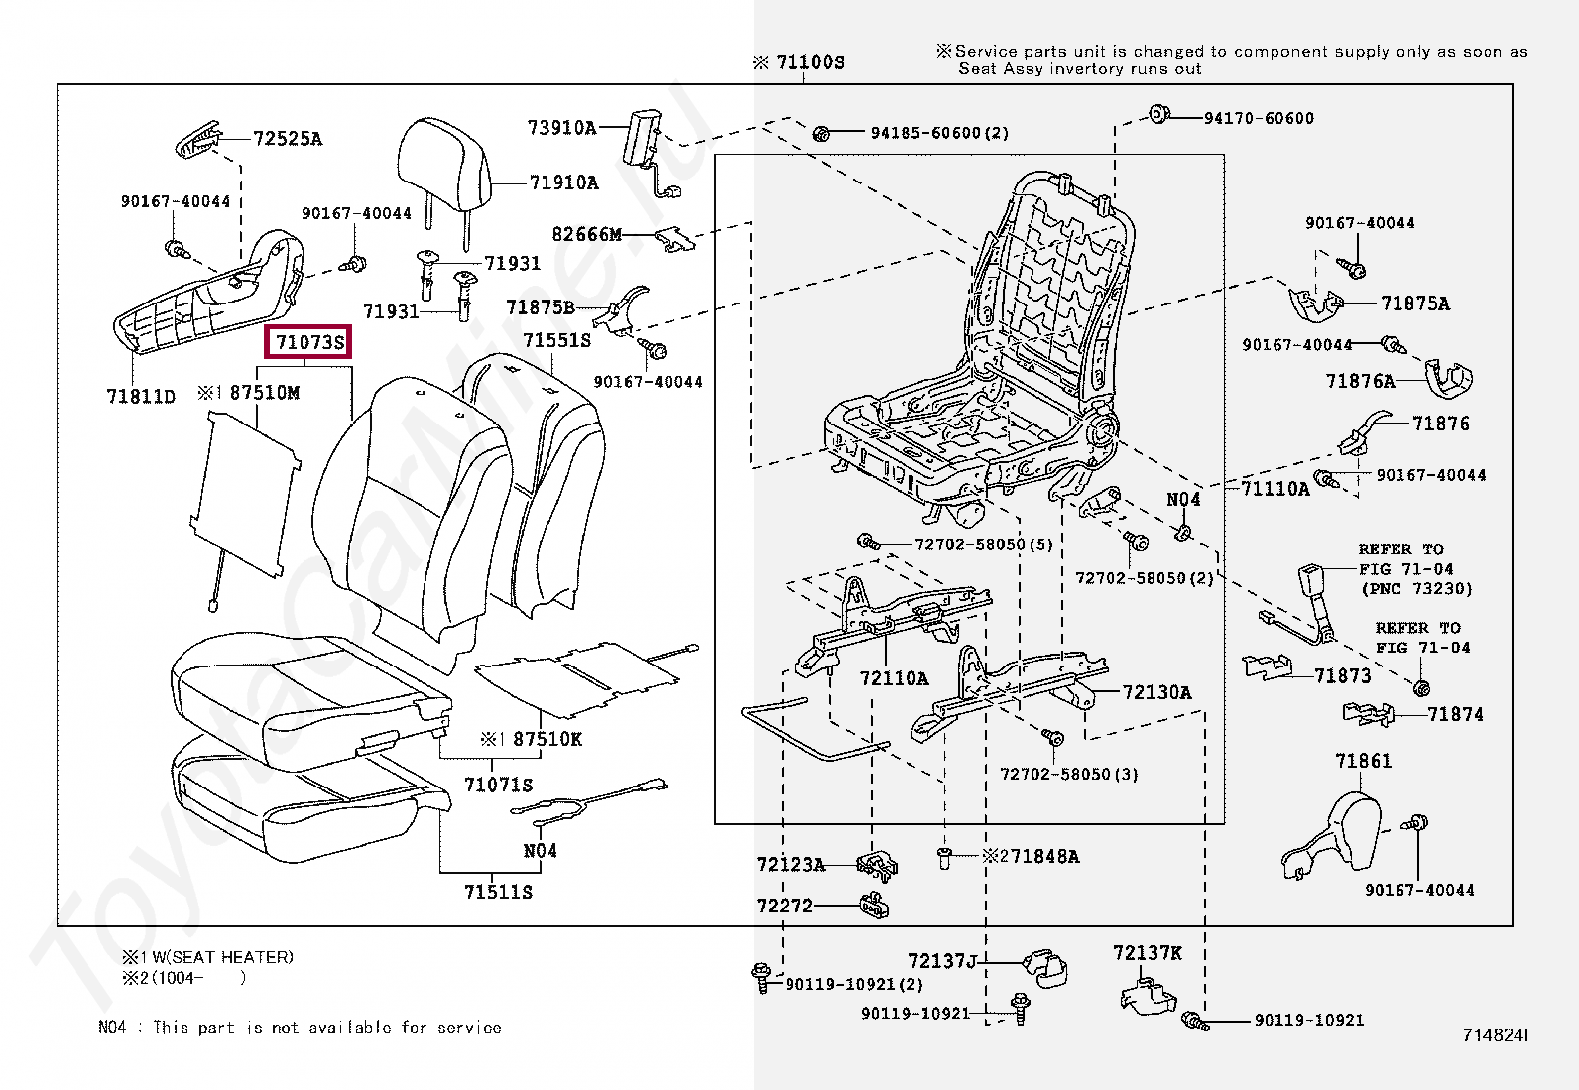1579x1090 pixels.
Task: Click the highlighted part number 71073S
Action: pyautogui.click(x=309, y=342)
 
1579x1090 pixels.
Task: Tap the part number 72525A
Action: pyautogui.click(x=288, y=139)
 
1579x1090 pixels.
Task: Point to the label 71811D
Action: pyautogui.click(x=141, y=397)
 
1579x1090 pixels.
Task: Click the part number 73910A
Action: pyautogui.click(x=561, y=127)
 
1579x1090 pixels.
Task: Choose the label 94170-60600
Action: pyautogui.click(x=1259, y=118)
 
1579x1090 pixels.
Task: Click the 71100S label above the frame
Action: pyautogui.click(x=809, y=62)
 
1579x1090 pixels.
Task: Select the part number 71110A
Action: pyautogui.click(x=1275, y=488)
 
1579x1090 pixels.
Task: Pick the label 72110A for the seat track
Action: pyautogui.click(x=894, y=678)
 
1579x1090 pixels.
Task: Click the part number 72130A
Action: pyautogui.click(x=1156, y=692)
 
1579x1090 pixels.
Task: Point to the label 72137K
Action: pyautogui.click(x=1147, y=953)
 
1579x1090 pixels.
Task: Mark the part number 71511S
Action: pyautogui.click(x=498, y=892)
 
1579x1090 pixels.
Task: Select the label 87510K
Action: pyautogui.click(x=547, y=739)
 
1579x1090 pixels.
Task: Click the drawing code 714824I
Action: pyautogui.click(x=1495, y=1035)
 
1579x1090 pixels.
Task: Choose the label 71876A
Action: pyautogui.click(x=1360, y=381)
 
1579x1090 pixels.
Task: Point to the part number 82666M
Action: pyautogui.click(x=586, y=234)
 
